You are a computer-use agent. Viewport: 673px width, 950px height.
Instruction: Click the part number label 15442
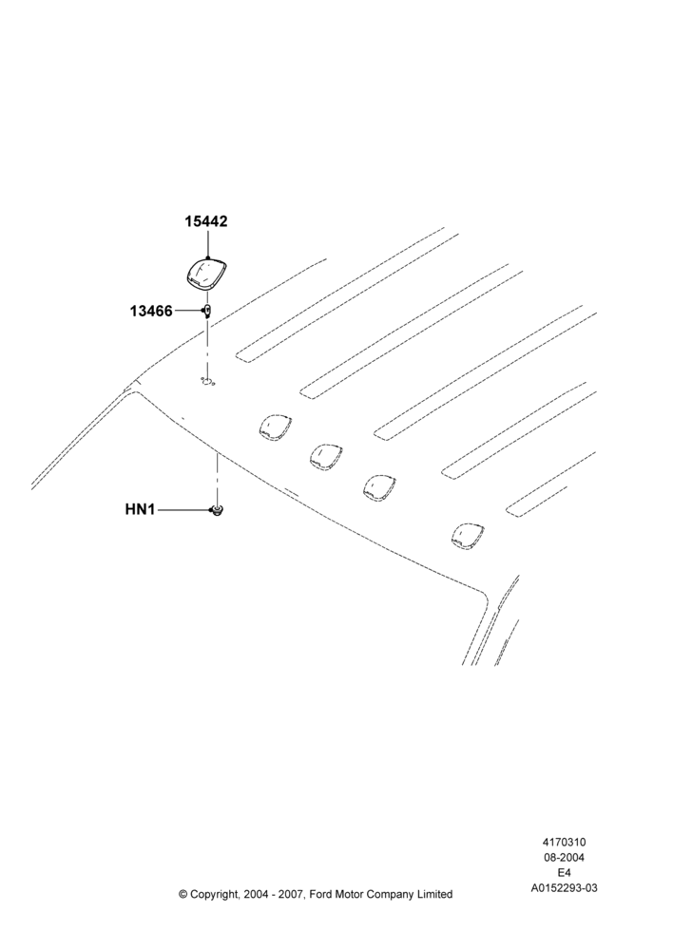click(x=206, y=221)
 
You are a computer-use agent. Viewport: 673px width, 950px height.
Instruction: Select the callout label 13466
click(x=151, y=312)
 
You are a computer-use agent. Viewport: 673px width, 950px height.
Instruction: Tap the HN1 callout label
click(x=140, y=509)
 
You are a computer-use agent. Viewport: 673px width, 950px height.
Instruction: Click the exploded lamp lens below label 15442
click(x=206, y=275)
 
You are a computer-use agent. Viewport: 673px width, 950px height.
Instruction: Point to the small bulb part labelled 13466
click(x=207, y=312)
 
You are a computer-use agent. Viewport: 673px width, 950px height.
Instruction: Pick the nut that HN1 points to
click(x=215, y=511)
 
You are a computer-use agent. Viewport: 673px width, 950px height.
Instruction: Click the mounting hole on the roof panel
click(x=208, y=382)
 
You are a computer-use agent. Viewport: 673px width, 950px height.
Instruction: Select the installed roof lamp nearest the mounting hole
click(x=275, y=427)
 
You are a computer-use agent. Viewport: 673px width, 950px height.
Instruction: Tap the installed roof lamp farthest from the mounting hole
click(x=468, y=536)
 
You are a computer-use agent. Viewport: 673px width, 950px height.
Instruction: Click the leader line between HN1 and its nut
click(x=182, y=510)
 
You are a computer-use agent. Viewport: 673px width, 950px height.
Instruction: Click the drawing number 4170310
click(x=564, y=842)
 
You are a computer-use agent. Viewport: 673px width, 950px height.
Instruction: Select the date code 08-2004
click(x=564, y=857)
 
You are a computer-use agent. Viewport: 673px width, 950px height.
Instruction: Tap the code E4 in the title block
click(x=564, y=873)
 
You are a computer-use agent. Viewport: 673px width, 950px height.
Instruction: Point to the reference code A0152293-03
click(x=564, y=888)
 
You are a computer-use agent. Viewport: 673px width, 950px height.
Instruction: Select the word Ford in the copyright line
click(x=321, y=894)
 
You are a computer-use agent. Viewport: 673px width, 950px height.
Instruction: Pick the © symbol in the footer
click(x=183, y=894)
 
